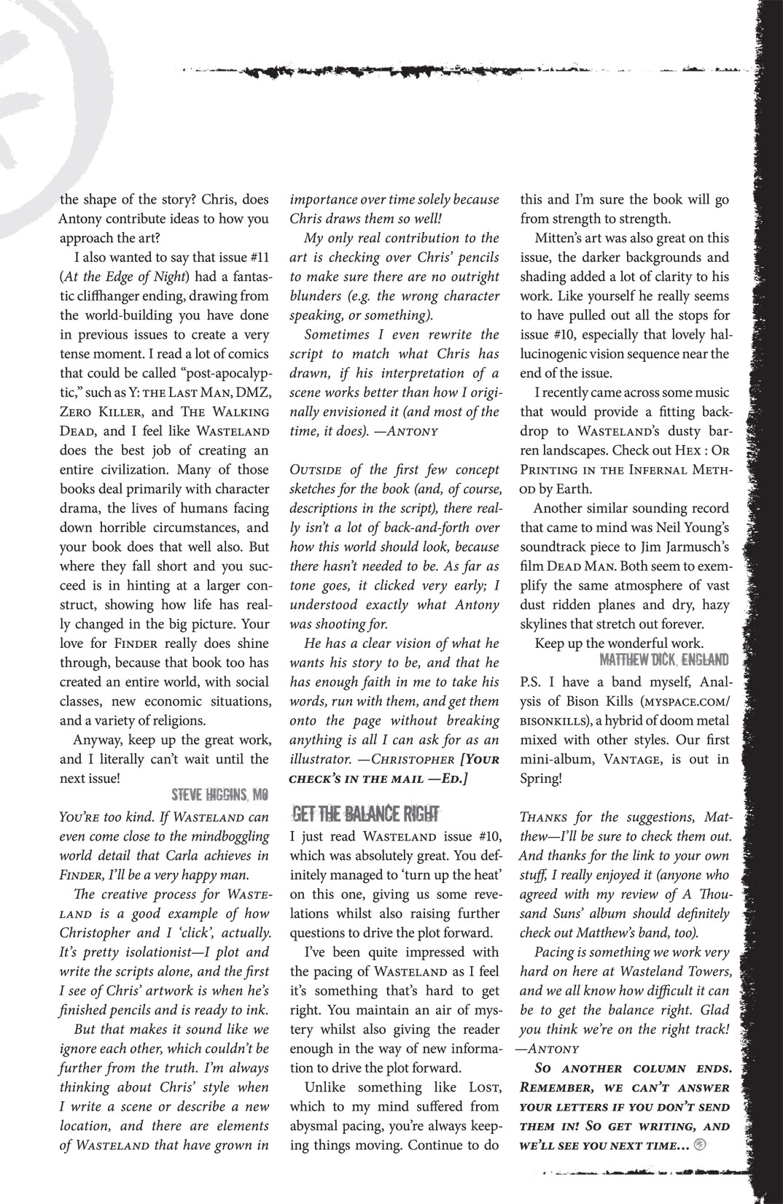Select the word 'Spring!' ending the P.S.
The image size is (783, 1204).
(541, 778)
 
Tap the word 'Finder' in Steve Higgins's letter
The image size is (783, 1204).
(135, 644)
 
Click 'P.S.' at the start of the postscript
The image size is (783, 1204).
(534, 682)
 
